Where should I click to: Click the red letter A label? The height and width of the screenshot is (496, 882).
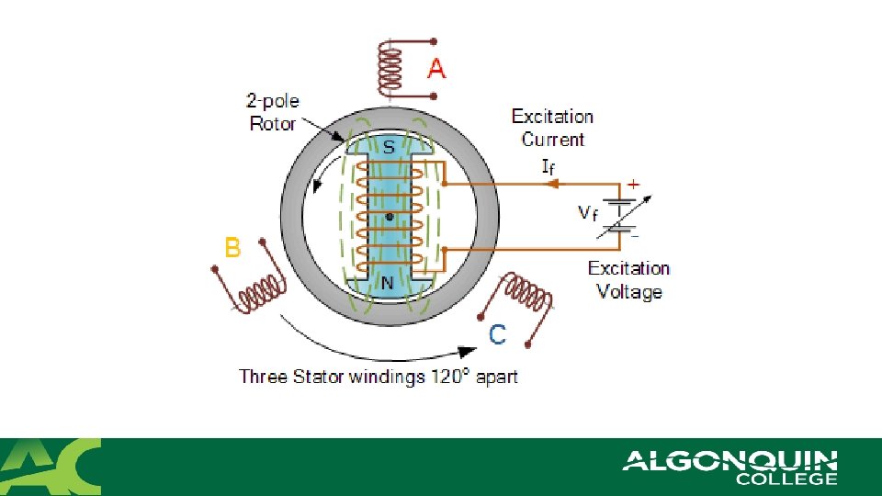(436, 69)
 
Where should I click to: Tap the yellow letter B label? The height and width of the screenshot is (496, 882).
(232, 248)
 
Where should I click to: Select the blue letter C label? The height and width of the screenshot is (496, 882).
(497, 335)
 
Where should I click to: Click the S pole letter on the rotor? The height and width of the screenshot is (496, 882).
(389, 146)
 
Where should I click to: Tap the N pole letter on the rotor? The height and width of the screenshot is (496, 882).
(388, 283)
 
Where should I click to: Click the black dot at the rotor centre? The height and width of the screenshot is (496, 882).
(390, 218)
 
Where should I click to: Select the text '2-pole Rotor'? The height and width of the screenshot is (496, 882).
(273, 111)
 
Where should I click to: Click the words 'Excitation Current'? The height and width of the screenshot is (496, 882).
(552, 128)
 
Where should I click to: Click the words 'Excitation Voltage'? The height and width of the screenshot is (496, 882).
(628, 280)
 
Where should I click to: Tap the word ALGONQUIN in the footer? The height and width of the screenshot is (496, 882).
(729, 460)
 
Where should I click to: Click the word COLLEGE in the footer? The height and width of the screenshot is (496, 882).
(786, 479)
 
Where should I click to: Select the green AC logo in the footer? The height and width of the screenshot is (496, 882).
(51, 467)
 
